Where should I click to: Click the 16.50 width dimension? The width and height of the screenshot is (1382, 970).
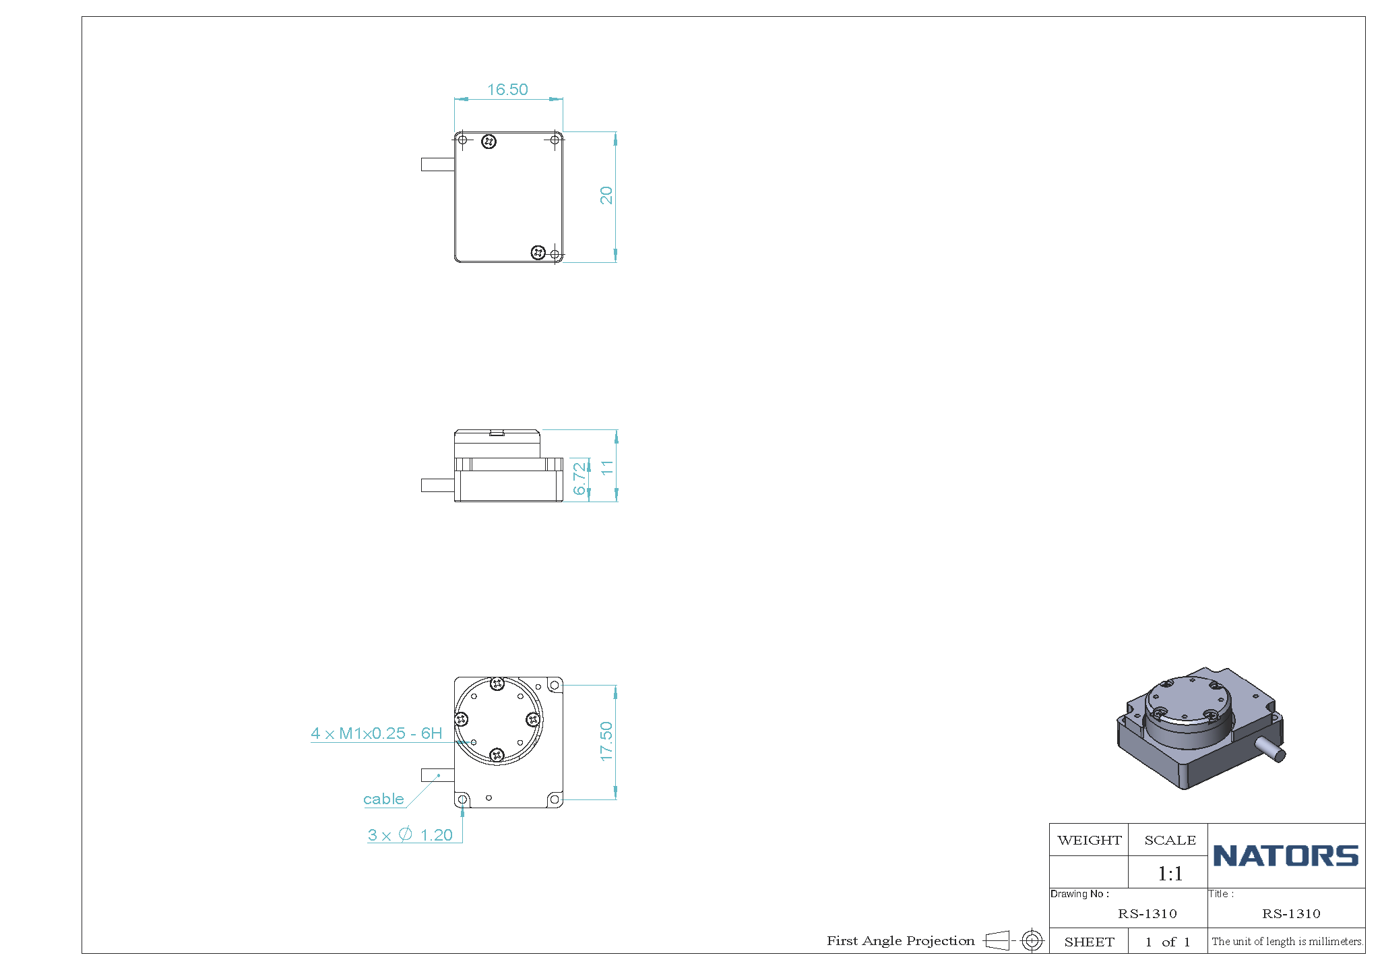click(507, 90)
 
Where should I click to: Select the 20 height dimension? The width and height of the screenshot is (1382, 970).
click(606, 195)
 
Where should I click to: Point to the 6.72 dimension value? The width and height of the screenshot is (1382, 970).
click(579, 479)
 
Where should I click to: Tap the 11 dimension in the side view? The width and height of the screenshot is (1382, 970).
click(607, 467)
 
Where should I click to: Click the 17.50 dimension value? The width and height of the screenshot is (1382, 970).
click(606, 741)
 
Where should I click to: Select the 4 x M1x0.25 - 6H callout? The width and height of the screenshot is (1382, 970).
click(377, 733)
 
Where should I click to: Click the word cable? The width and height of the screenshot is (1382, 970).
click(383, 799)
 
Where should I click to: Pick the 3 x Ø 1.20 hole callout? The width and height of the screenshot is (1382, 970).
click(410, 835)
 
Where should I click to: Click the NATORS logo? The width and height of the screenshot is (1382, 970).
click(1286, 856)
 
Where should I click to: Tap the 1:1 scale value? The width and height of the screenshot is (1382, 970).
click(1170, 874)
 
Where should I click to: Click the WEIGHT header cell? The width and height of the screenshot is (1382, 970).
click(1089, 840)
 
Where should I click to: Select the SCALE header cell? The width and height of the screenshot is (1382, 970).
click(1169, 840)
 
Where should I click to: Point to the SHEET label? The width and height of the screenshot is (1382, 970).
click(1089, 942)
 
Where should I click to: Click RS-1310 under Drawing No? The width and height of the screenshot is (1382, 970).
click(1147, 913)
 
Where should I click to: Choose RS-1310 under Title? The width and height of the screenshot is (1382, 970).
click(1291, 913)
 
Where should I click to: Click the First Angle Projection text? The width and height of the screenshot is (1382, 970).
click(901, 940)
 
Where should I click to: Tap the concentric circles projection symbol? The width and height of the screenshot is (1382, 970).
click(1032, 940)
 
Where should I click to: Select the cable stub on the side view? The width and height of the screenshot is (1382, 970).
click(437, 485)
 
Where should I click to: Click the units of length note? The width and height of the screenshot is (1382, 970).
click(1287, 942)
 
